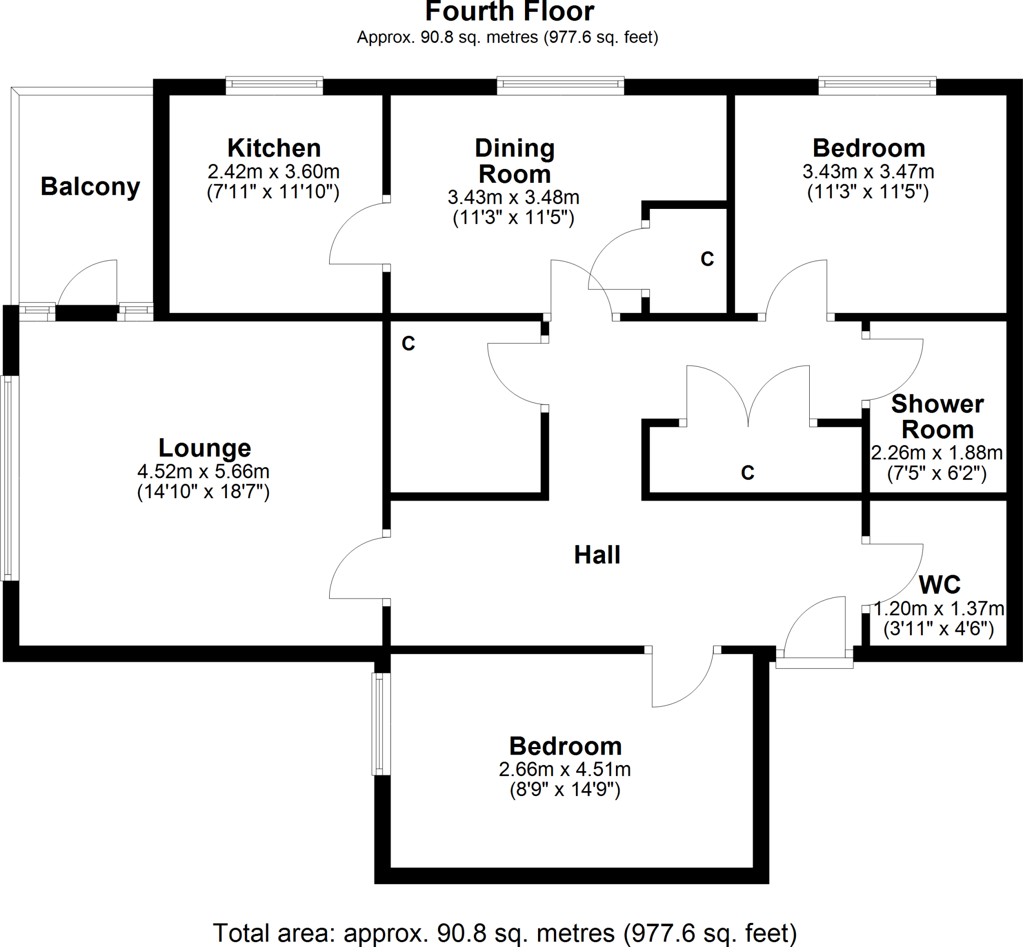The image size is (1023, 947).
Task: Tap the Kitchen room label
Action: point(274,148)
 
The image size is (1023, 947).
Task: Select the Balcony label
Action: point(90,186)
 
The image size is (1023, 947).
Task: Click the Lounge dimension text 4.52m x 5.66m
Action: point(203,471)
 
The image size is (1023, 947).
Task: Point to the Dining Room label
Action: point(514,161)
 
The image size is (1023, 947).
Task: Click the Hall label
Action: point(597,555)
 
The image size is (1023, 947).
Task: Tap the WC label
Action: point(939,585)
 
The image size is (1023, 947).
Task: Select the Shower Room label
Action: point(937,417)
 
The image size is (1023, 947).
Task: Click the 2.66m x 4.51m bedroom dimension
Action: point(564,769)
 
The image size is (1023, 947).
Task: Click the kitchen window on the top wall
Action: point(274,85)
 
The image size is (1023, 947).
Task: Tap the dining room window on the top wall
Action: point(560,85)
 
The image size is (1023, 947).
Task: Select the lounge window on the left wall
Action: point(9,478)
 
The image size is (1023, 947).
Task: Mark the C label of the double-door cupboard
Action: point(747,472)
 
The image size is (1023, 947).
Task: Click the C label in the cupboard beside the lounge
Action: point(408,343)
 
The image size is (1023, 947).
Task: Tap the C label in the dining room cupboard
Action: point(707,259)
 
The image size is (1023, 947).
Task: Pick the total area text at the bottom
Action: point(505,933)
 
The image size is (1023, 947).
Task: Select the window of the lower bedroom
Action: point(381,724)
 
